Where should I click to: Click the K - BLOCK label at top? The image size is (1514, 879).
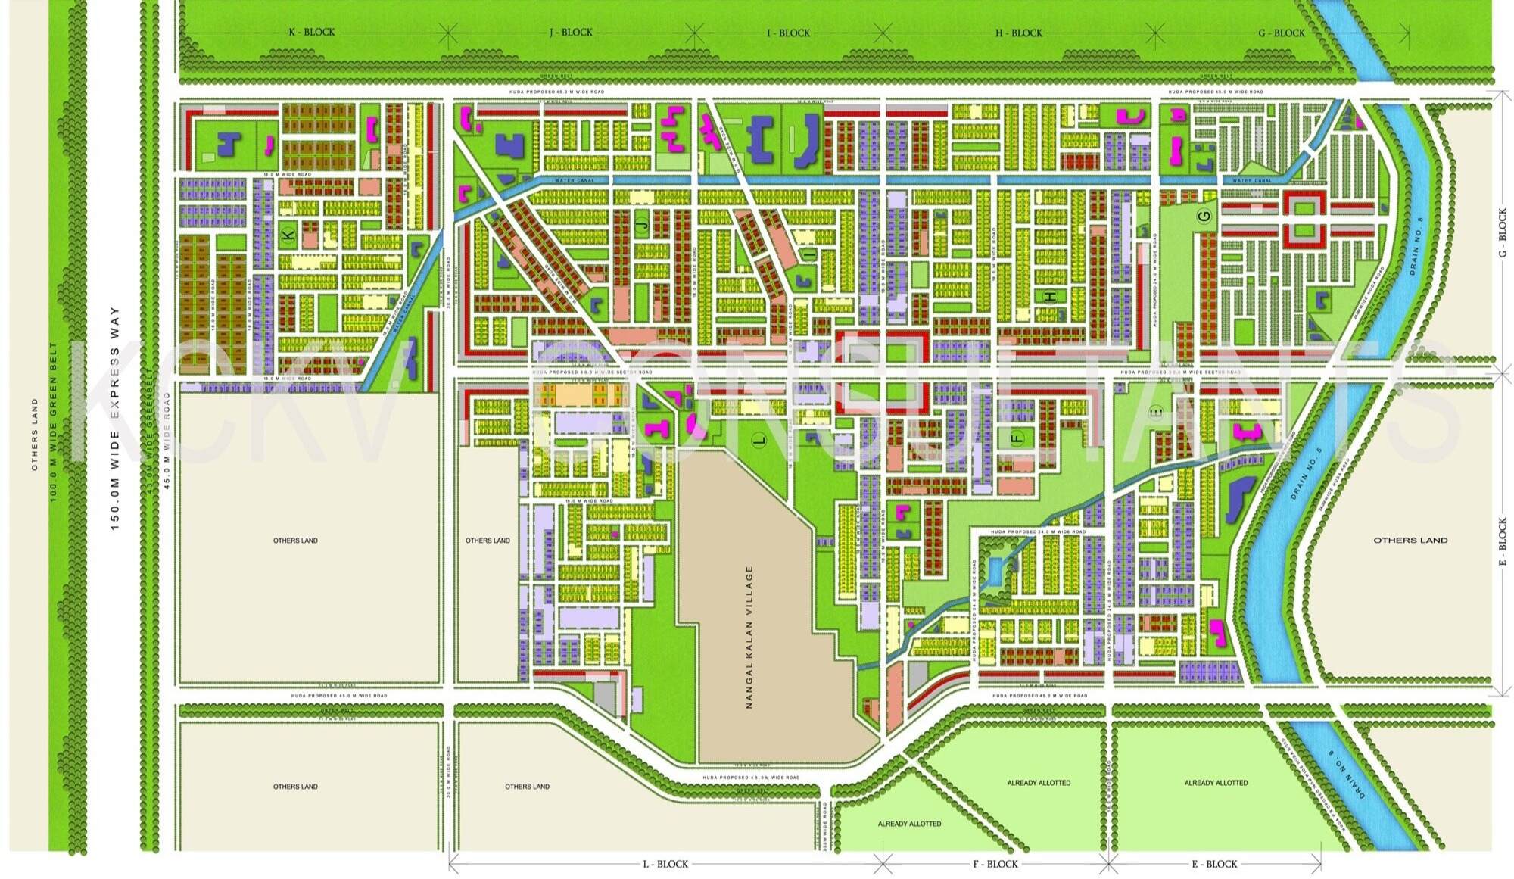click(311, 33)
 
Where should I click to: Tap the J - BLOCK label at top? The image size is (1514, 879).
click(571, 33)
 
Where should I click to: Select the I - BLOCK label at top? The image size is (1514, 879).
click(788, 33)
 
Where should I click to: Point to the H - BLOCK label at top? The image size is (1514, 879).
click(1018, 33)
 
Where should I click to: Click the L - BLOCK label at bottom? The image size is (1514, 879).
click(665, 864)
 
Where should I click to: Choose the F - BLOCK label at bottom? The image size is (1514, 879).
click(995, 864)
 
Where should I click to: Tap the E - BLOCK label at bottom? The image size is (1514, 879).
click(1214, 864)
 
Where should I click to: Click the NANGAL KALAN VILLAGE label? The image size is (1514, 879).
click(749, 637)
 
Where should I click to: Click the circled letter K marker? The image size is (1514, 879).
click(288, 235)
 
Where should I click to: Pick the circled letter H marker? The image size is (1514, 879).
click(1050, 296)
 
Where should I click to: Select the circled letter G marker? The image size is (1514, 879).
click(1204, 216)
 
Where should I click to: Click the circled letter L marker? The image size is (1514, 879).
click(761, 439)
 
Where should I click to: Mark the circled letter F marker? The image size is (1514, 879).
click(1017, 437)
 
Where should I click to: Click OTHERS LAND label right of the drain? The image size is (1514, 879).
click(1410, 541)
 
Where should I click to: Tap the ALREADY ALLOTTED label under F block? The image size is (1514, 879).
click(1039, 783)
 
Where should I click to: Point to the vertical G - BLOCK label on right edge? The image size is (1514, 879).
click(1503, 234)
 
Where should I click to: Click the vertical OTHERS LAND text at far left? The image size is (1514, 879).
click(34, 435)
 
